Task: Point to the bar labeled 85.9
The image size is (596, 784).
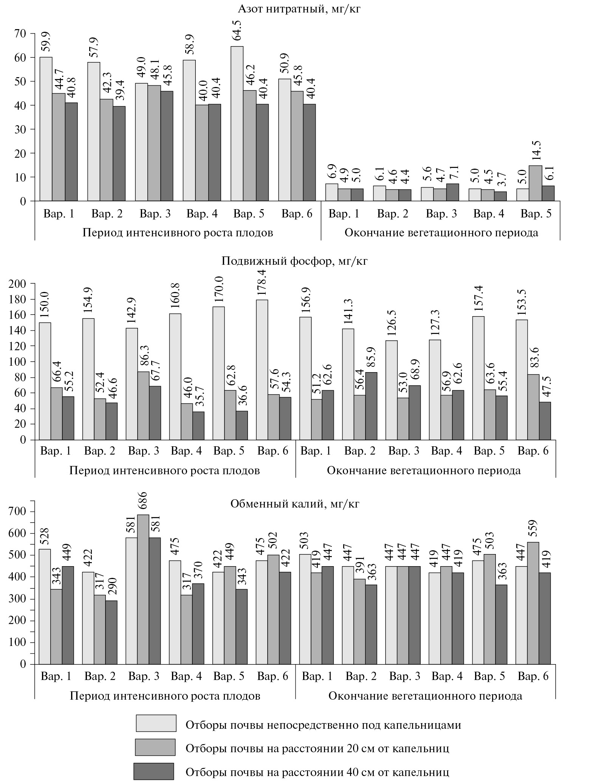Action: point(371,406)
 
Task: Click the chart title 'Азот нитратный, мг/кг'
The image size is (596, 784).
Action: point(298,9)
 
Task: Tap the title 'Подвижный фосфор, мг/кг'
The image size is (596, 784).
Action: point(294,261)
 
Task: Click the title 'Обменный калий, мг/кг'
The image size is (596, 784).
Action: point(295,504)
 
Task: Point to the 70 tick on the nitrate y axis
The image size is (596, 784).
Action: point(20,34)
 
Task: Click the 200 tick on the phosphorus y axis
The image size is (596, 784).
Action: point(18,284)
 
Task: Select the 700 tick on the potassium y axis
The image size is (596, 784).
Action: point(18,512)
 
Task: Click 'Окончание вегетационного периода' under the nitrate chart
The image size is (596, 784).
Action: point(441,232)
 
